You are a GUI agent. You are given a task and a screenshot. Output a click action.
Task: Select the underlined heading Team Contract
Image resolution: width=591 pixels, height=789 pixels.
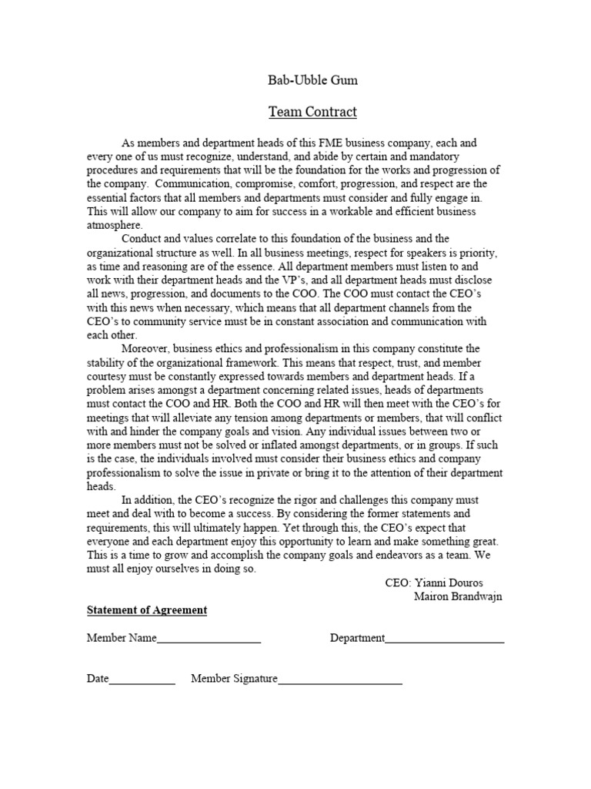[312, 112]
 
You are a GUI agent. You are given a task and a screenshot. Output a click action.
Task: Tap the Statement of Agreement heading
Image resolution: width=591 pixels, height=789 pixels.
[147, 610]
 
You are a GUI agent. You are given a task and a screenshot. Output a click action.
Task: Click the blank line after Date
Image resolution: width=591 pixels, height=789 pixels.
[142, 680]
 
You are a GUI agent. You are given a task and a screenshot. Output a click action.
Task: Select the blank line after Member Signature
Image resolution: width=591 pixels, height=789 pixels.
[339, 680]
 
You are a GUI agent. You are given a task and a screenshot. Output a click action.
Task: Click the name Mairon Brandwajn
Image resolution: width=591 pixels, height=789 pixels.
[458, 597]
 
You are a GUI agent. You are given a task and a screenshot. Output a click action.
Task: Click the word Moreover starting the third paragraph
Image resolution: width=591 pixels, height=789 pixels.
[146, 349]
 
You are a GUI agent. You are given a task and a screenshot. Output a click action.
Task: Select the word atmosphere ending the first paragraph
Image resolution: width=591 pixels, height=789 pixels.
[115, 226]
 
